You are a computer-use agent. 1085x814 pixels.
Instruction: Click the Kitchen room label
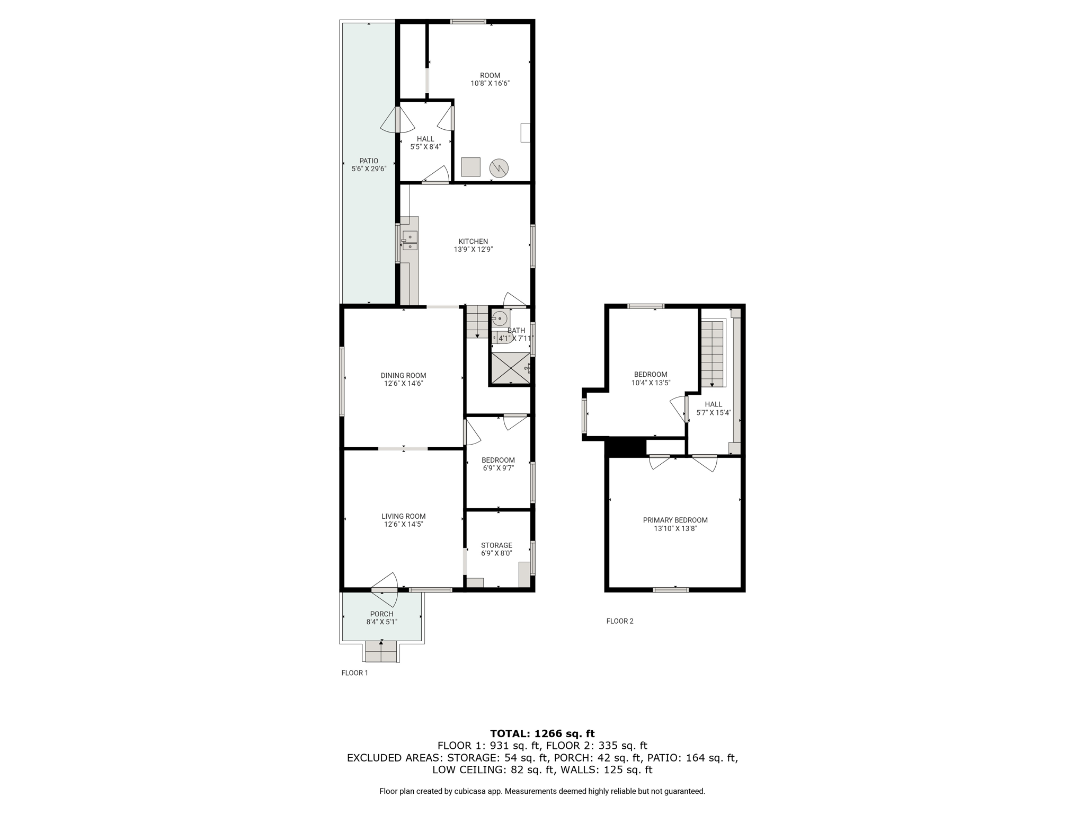coord(473,242)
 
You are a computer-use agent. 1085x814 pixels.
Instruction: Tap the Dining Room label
coord(403,376)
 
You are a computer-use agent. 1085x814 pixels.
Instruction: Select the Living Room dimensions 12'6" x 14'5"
coord(404,525)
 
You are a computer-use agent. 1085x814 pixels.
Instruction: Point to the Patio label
coord(369,161)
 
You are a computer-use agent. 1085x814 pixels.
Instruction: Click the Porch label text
coord(381,614)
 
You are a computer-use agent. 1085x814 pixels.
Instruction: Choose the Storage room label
coord(496,545)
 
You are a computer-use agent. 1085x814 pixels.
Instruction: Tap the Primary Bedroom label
coord(675,520)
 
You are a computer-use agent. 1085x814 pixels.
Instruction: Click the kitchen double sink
coord(410,241)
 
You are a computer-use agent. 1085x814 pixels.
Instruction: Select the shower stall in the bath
coord(511,368)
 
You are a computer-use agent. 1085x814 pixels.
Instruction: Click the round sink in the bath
coord(500,318)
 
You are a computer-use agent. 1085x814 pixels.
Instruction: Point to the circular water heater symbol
coord(499,168)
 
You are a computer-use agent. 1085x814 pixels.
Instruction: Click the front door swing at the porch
coord(385,589)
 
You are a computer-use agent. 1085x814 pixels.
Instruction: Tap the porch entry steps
coord(381,651)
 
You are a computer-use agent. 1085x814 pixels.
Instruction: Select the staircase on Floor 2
coord(713,353)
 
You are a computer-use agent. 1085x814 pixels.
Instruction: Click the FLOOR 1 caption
coord(354,673)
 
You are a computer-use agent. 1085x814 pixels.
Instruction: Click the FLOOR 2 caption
coord(620,621)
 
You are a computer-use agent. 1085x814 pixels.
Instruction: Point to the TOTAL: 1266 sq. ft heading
coord(542,734)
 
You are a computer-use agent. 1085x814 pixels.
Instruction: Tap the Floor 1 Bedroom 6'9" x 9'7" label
coord(498,464)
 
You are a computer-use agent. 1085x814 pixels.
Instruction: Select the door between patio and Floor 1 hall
coord(397,120)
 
